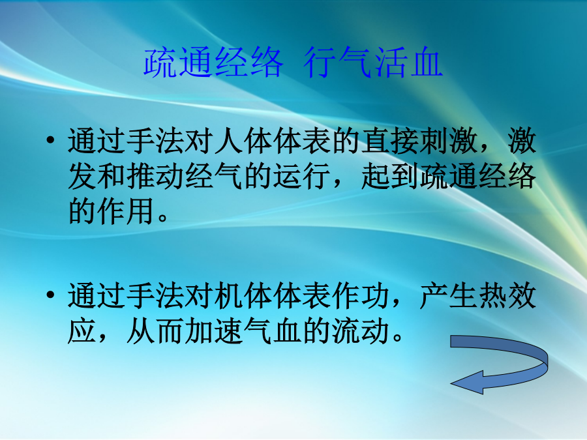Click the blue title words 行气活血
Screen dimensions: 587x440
[373, 62]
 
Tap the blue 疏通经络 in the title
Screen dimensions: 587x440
[213, 62]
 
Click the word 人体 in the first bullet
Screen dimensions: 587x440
[244, 141]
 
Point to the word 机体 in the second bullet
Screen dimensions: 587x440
[244, 295]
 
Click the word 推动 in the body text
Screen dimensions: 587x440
[155, 176]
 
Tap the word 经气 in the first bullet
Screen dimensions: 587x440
[214, 176]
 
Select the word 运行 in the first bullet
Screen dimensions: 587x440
[302, 176]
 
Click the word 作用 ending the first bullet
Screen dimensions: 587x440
[126, 211]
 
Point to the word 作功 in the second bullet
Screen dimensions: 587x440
[361, 295]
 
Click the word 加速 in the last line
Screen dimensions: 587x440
[214, 330]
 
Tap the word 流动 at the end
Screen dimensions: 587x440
[361, 330]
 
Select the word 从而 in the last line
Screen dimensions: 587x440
[155, 330]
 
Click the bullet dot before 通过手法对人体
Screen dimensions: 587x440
[50, 141]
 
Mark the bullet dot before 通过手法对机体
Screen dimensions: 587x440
[50, 295]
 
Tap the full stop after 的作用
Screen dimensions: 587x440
[163, 218]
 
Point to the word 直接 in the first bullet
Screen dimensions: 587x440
[390, 141]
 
